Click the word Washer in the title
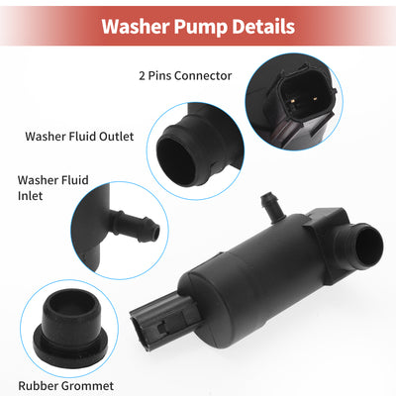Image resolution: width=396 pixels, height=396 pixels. pos(135,27)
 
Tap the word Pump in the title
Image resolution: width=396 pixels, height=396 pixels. pos(201,28)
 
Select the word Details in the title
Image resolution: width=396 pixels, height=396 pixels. pos(263,27)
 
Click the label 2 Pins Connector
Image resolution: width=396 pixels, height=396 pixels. pos(185,76)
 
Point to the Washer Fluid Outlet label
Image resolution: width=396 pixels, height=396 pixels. pos(79,137)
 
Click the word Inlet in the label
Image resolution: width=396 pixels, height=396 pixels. pos(31,196)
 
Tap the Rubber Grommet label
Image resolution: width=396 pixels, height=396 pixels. pos(66,385)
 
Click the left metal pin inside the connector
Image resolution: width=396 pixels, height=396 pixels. pos(292,101)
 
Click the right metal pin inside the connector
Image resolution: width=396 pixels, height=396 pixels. pos(315,98)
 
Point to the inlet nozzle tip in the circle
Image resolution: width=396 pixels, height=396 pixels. pos(155,232)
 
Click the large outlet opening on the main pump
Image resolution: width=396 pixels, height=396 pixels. pos(369,246)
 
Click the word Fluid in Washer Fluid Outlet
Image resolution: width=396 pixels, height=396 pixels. pos(82,137)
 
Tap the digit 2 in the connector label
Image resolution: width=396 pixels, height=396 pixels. pos(142,76)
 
